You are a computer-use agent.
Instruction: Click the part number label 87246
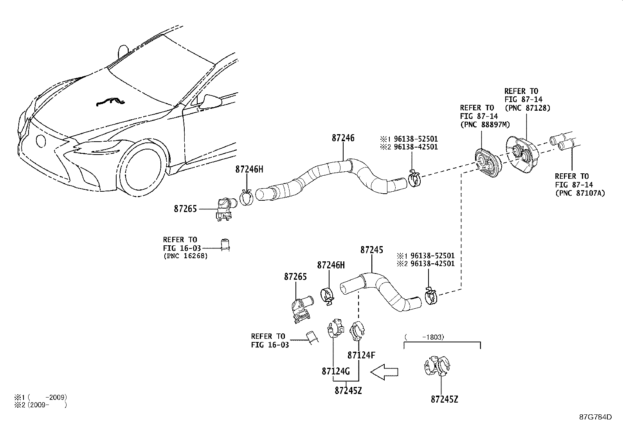(343, 138)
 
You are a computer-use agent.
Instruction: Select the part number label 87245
(371, 250)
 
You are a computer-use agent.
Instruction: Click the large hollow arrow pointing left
(384, 371)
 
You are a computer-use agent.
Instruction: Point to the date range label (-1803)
(424, 337)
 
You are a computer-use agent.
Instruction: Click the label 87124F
(361, 355)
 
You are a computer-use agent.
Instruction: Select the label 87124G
(335, 371)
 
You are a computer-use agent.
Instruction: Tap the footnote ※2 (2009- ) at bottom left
(35, 405)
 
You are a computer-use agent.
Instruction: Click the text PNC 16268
(185, 256)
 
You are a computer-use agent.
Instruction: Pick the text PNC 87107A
(580, 193)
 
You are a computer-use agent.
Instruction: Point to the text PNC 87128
(527, 108)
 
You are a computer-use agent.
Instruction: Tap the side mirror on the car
(211, 101)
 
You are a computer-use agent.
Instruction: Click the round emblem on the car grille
(40, 141)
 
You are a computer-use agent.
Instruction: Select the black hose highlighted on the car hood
(111, 103)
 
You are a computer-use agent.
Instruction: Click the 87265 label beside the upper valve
(185, 209)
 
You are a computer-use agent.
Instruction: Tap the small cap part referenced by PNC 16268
(225, 244)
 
